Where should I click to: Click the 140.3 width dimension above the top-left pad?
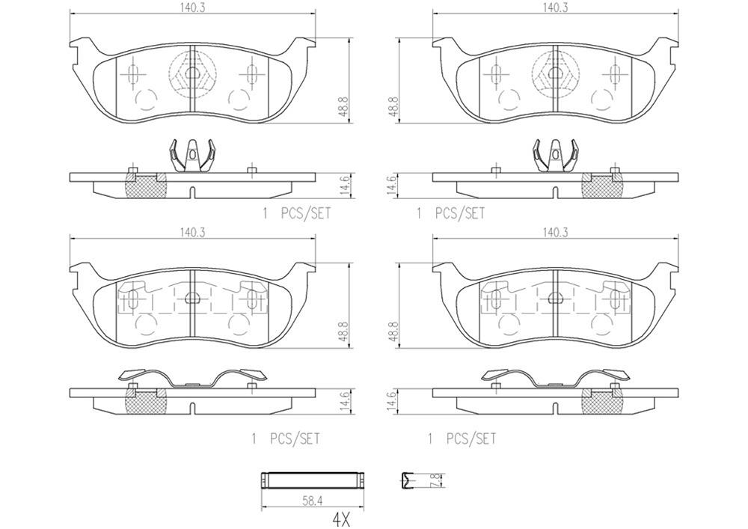192,7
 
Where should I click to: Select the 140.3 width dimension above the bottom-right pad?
556,233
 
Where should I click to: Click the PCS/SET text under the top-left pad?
304,213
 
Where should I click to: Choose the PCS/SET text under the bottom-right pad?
470,439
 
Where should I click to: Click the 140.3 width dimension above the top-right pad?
556,7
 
